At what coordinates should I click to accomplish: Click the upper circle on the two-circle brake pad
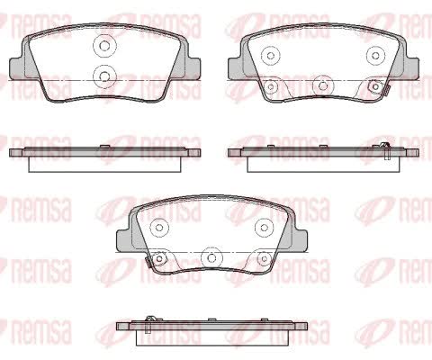[x=104, y=46]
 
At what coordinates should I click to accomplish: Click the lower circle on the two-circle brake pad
[x=104, y=76]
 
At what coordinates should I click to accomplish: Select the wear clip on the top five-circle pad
[x=386, y=90]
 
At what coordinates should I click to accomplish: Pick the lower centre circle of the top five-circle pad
[x=323, y=86]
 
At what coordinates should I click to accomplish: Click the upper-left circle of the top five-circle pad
[x=271, y=56]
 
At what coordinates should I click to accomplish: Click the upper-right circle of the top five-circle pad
[x=375, y=56]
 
